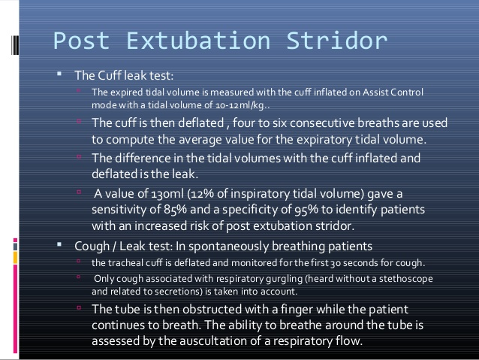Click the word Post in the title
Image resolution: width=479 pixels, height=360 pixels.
click(x=82, y=41)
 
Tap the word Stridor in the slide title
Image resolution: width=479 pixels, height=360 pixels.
click(x=337, y=41)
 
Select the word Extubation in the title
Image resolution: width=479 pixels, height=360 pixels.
click(x=198, y=41)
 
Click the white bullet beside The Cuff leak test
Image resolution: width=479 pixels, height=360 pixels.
click(x=59, y=74)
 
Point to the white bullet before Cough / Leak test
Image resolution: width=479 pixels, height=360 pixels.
click(x=59, y=244)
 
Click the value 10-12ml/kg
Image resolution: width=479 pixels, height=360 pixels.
click(x=240, y=105)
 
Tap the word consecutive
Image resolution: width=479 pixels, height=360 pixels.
click(x=322, y=123)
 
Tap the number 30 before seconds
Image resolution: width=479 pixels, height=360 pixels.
click(x=336, y=263)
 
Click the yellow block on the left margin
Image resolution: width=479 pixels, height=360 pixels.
click(x=15, y=258)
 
